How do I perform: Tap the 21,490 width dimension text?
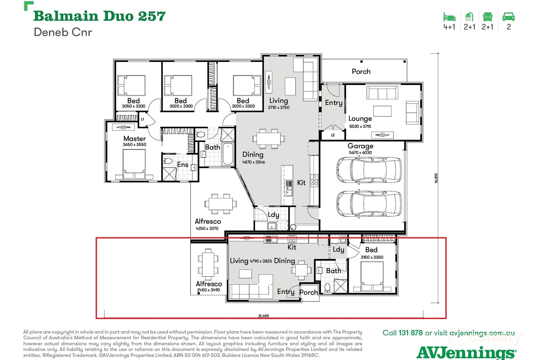coord(264,316)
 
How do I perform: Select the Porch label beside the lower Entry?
coord(309,292)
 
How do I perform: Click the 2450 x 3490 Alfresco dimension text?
coord(208,290)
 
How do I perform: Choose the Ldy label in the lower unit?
coord(338,249)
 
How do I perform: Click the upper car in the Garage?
coord(369,170)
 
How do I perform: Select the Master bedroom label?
coord(134,139)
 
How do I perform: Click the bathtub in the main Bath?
coord(228,154)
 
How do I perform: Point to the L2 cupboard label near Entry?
coord(333,135)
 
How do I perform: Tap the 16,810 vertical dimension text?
coord(436,178)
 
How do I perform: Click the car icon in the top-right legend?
coord(508,17)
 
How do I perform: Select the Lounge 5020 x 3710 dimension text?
coord(360,126)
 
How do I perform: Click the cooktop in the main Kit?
coord(314,180)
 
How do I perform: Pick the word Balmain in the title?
coord(66,16)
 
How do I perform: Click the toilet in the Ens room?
coord(168,161)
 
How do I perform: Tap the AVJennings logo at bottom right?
coord(466,352)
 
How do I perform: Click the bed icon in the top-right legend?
coord(449,17)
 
